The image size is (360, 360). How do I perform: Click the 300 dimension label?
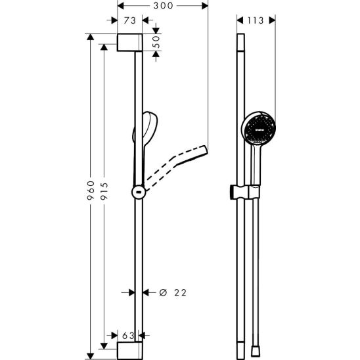[163, 6]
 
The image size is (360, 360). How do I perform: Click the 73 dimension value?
[130, 20]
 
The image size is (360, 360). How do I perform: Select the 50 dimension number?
[156, 42]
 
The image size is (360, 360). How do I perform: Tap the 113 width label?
[256, 20]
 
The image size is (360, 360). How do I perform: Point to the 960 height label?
[91, 191]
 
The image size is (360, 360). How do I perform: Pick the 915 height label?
[104, 191]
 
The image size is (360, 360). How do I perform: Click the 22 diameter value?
[181, 292]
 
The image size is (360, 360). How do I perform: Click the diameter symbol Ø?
[163, 292]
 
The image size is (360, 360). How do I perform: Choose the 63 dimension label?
[128, 336]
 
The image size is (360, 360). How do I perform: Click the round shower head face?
[259, 129]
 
